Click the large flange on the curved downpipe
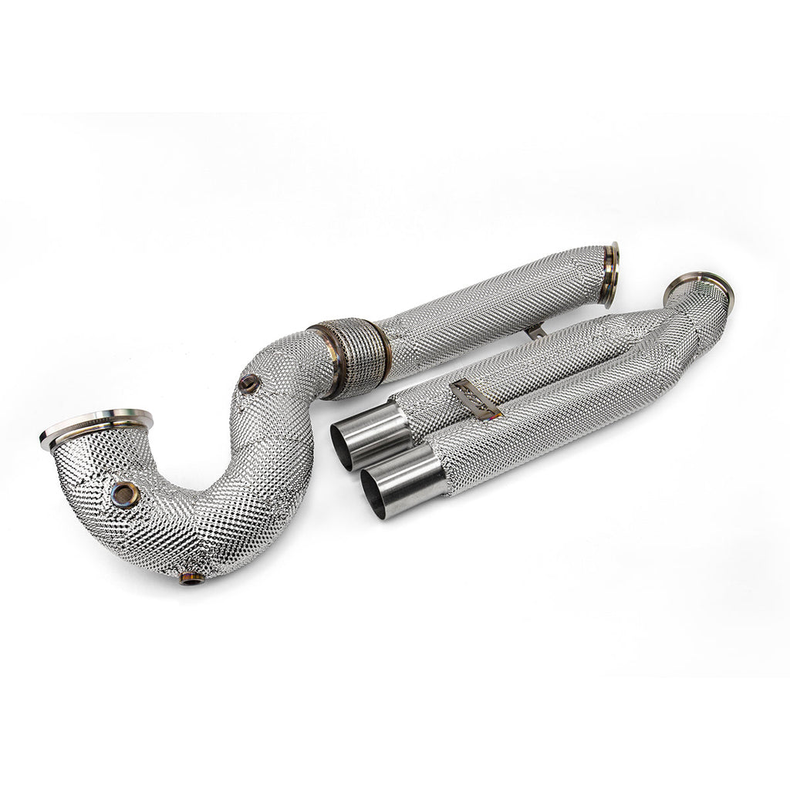pos(96,428)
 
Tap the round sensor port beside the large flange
pos(124,494)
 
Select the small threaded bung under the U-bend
pos(191,577)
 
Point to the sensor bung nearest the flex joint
pos(248,383)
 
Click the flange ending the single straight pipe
pos(611,274)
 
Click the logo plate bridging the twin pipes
pos(474,400)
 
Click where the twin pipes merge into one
pos(694,324)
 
